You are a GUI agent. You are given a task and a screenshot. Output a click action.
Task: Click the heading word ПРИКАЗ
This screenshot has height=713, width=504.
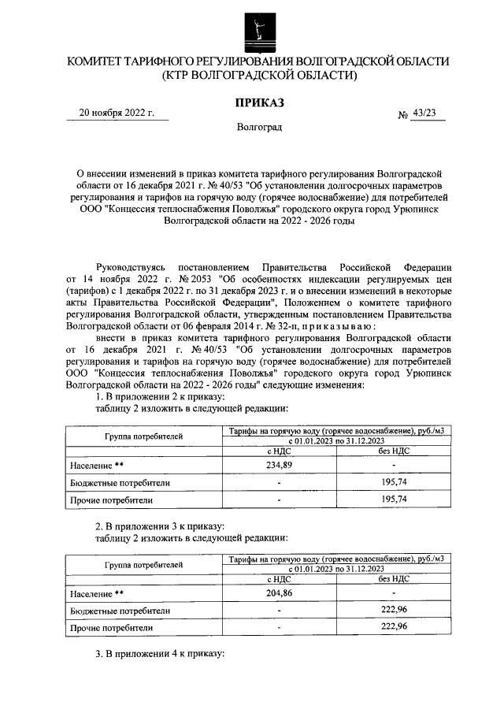258,102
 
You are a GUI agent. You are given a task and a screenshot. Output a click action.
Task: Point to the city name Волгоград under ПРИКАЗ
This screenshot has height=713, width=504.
258,127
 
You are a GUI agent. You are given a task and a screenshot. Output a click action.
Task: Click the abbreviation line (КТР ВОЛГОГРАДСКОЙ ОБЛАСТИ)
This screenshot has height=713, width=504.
258,76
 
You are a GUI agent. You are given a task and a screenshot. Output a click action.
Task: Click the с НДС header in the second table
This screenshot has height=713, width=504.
280,579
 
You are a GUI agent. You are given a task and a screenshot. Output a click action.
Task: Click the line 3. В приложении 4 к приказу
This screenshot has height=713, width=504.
160,655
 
